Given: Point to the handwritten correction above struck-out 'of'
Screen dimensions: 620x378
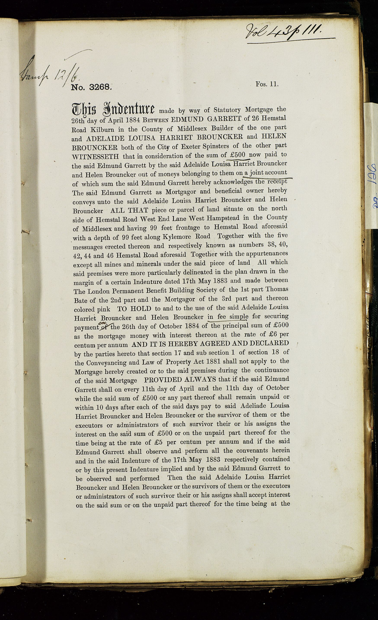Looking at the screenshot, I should tap(103, 324).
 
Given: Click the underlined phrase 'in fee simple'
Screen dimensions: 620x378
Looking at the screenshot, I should tap(228, 317).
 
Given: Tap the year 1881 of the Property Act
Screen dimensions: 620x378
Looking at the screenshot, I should tap(213, 362).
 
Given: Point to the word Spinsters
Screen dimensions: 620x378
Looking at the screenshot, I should tap(217, 146).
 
